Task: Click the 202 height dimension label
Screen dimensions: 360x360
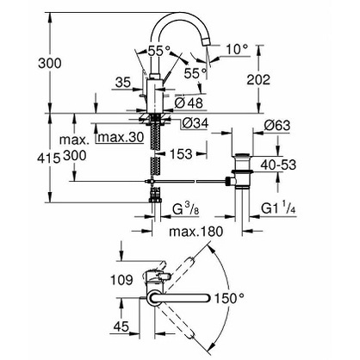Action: (x=258, y=80)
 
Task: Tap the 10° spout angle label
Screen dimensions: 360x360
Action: (x=237, y=50)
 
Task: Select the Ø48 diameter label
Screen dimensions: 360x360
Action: (x=189, y=102)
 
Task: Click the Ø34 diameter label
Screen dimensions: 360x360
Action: (x=195, y=123)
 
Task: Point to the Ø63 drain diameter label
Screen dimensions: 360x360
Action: (x=277, y=126)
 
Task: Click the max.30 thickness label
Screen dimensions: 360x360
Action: (x=121, y=138)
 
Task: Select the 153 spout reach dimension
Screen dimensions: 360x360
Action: (x=180, y=154)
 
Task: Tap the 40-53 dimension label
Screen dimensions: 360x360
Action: (x=278, y=164)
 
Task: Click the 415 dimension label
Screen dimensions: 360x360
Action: (x=49, y=158)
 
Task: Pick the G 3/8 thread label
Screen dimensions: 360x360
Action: (x=186, y=209)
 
